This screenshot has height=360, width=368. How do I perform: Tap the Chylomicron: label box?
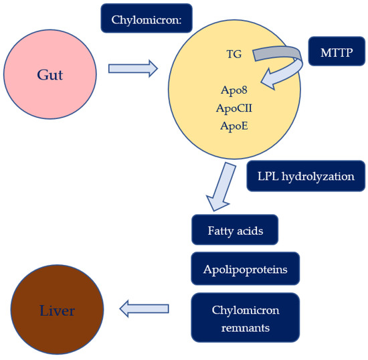(x=146, y=21)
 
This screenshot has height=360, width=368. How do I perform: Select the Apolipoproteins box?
(x=245, y=270)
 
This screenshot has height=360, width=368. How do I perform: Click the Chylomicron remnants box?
(x=245, y=319)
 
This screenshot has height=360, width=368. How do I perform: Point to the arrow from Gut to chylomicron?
(x=133, y=68)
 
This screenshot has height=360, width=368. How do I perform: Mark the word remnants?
(x=246, y=328)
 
